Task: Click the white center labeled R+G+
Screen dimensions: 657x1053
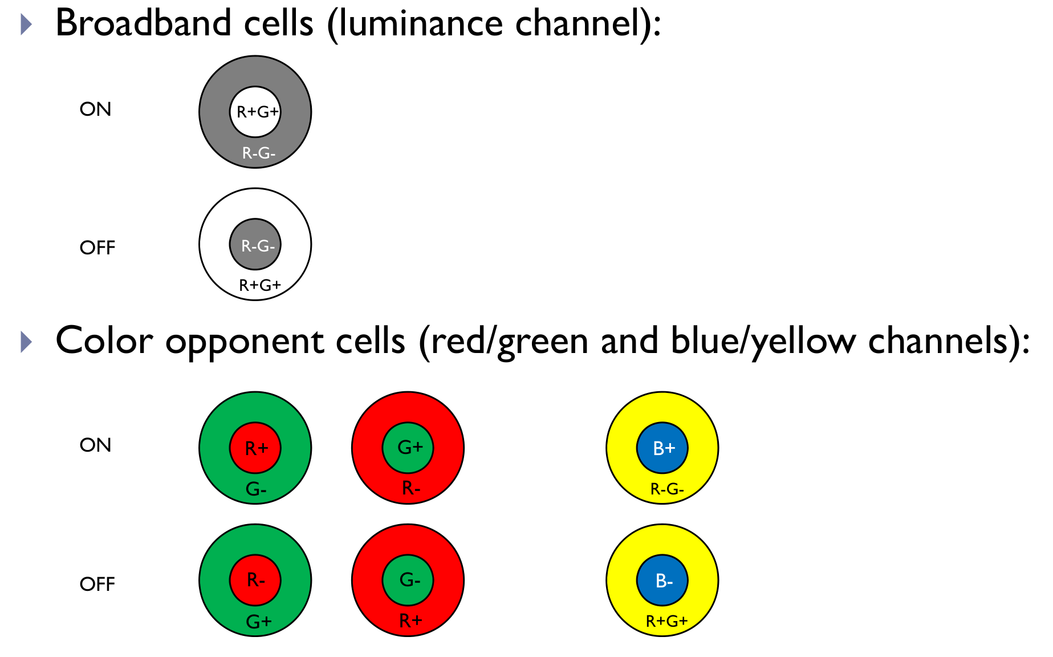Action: tap(255, 112)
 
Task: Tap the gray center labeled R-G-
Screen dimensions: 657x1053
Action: tap(255, 245)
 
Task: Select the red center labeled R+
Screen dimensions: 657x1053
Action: tap(255, 448)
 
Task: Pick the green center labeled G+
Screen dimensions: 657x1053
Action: tap(408, 448)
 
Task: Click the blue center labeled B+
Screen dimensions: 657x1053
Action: tap(662, 448)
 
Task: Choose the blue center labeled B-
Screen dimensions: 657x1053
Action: tap(662, 581)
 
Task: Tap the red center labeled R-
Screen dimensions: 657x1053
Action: tap(255, 581)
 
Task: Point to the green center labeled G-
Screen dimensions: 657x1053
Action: tap(408, 581)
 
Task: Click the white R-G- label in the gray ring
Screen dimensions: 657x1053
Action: tap(258, 153)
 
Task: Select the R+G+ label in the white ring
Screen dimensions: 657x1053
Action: tap(259, 285)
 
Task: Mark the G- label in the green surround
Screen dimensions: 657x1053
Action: tap(256, 489)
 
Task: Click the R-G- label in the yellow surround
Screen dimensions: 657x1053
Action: tap(666, 489)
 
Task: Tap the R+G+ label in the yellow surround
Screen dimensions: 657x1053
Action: tap(666, 621)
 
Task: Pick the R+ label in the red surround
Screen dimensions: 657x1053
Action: tap(410, 620)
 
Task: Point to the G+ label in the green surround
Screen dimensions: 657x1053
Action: tap(258, 621)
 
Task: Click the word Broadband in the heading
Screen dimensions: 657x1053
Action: tap(143, 24)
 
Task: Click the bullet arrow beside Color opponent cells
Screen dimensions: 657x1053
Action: tap(26, 342)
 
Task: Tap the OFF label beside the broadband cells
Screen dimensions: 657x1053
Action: tap(97, 248)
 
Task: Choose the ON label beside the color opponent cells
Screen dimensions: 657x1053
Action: tap(95, 445)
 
